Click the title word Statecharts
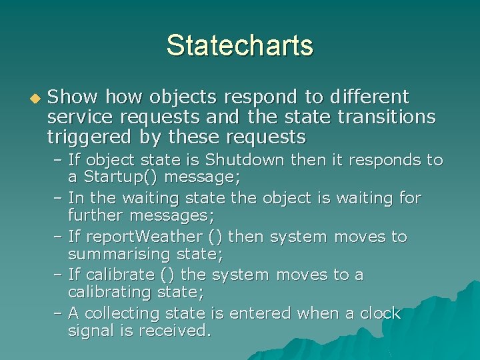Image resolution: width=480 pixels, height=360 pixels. pos(239,45)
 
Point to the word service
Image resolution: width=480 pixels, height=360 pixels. pos(79,118)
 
